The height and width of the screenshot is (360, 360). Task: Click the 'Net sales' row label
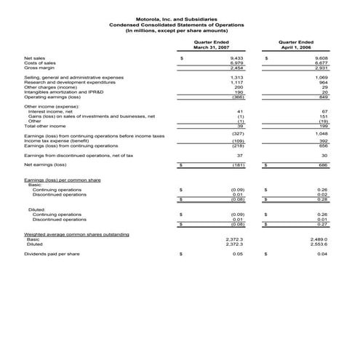pos(34,56)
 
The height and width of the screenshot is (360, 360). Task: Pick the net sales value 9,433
pos(236,56)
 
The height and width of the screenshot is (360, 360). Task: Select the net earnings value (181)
pos(236,165)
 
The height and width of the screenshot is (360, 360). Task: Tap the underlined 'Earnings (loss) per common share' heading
pos(62,179)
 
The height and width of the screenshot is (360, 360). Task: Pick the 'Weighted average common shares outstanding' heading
pos(76,234)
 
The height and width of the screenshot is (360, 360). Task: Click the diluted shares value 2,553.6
pos(319,244)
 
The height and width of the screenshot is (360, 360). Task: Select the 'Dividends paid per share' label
pos(52,254)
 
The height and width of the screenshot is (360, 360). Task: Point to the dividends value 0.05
pos(238,254)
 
